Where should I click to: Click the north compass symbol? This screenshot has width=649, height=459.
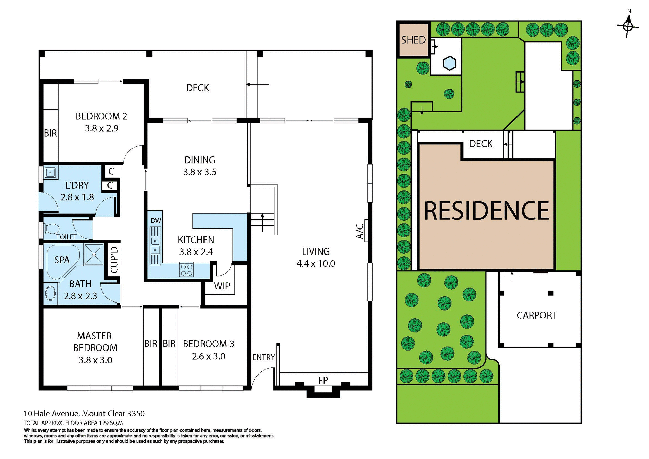pos(628,26)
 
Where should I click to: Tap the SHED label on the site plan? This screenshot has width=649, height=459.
pos(413,40)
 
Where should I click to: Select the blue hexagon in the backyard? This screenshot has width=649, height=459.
pos(450,63)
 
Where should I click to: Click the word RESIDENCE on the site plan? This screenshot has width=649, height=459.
pos(486,211)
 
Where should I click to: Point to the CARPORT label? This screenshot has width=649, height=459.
pos(536,315)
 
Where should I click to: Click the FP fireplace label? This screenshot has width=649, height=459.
pos(323,380)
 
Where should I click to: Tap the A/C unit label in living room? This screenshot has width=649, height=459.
pos(360,231)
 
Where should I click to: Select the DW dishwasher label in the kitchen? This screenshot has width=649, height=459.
pos(156,221)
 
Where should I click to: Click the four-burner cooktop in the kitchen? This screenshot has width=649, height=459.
pos(186,270)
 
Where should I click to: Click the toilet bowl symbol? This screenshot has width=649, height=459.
pos(52,229)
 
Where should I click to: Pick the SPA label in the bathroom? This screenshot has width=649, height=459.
pos(62,260)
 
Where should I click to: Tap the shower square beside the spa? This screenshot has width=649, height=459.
pos(94,255)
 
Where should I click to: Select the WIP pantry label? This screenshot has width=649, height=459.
pos(222,286)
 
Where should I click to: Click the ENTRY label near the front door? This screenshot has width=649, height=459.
pos(263,357)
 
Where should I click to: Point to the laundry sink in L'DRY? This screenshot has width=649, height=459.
pos(50,173)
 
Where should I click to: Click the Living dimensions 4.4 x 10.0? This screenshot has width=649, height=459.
pos(316,264)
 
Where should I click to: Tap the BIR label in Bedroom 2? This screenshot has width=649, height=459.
pos(50,133)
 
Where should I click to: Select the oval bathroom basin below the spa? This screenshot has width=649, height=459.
pos(50,293)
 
